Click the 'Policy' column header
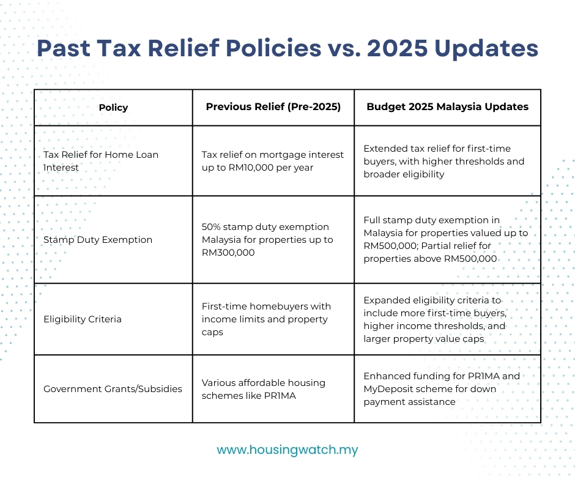[113, 108]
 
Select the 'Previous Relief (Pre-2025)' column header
[273, 106]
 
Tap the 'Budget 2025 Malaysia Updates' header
[447, 106]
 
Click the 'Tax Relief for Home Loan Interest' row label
[100, 161]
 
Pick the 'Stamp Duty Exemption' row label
[97, 240]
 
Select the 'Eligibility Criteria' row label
[82, 319]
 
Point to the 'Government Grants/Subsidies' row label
[113, 389]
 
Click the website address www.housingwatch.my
[287, 450]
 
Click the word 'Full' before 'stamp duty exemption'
[373, 220]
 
